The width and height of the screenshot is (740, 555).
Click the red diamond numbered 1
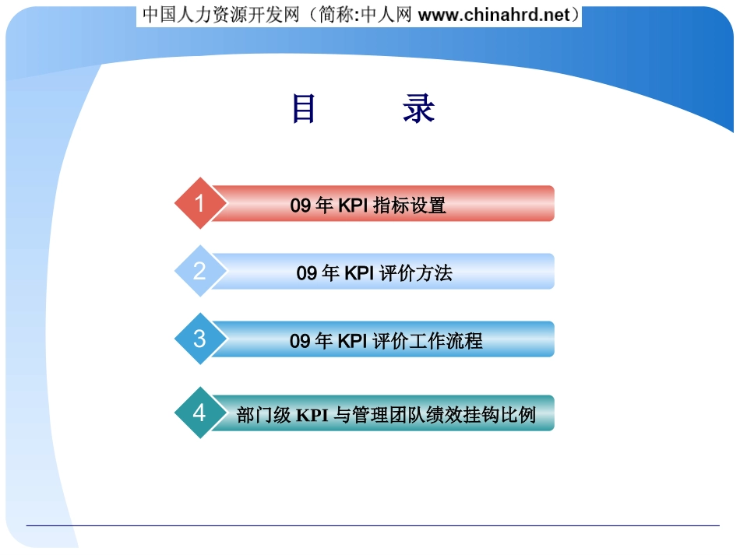pyautogui.click(x=200, y=203)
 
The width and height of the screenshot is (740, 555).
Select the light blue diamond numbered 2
pyautogui.click(x=200, y=271)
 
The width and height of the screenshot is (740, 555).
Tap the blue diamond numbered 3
pyautogui.click(x=200, y=339)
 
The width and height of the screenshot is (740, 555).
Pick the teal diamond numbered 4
pyautogui.click(x=200, y=413)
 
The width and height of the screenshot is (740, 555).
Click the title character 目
pyautogui.click(x=304, y=108)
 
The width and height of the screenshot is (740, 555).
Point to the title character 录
pyautogui.click(x=418, y=108)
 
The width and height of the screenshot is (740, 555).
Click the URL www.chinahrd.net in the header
pyautogui.click(x=494, y=15)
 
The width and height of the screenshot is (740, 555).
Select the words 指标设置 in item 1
pyautogui.click(x=409, y=205)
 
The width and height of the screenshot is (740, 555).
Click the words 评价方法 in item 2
pyautogui.click(x=416, y=273)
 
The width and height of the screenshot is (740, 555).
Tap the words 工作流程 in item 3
pyautogui.click(x=446, y=341)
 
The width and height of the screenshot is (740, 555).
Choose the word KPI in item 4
pyautogui.click(x=312, y=416)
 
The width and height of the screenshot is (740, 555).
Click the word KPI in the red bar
pyautogui.click(x=353, y=205)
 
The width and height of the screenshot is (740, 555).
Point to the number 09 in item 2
pyautogui.click(x=306, y=273)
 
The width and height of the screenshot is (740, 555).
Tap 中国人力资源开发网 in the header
pyautogui.click(x=221, y=15)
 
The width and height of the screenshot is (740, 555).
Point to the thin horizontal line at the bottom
pyautogui.click(x=373, y=525)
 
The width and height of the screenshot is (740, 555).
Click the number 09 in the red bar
pyautogui.click(x=300, y=205)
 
